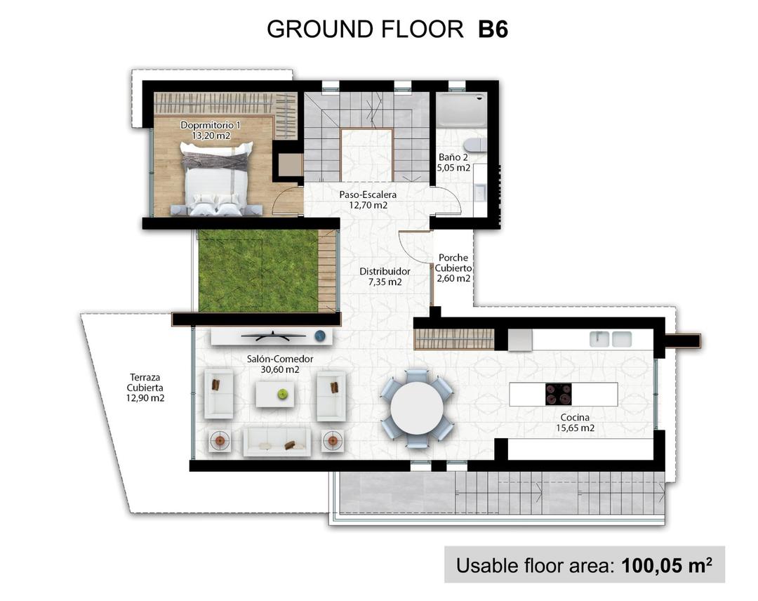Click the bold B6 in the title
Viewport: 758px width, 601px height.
click(x=493, y=29)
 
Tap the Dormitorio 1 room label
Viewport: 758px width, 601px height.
click(x=209, y=130)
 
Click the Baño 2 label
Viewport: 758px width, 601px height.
click(x=454, y=163)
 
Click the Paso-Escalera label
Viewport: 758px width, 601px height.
click(x=368, y=200)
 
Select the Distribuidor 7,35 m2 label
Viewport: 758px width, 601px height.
click(x=385, y=277)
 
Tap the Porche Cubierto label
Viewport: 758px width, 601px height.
click(x=453, y=268)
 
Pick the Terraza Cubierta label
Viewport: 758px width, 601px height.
click(x=146, y=387)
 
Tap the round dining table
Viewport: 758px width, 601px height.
click(x=417, y=409)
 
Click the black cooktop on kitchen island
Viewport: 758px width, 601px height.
click(x=559, y=394)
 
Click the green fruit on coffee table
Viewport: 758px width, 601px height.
click(x=283, y=394)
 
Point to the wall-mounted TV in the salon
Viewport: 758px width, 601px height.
click(x=273, y=337)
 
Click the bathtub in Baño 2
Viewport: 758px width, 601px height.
click(x=460, y=110)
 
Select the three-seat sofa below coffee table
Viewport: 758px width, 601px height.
click(x=277, y=442)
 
